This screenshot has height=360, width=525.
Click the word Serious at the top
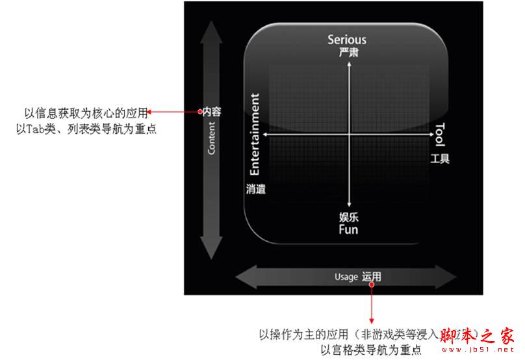tap(346, 40)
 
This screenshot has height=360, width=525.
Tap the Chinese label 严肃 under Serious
tap(348, 53)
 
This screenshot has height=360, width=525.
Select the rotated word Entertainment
tap(255, 135)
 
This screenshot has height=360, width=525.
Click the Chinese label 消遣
tap(256, 189)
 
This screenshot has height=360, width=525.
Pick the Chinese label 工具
tap(439, 159)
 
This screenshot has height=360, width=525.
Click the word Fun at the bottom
tap(348, 229)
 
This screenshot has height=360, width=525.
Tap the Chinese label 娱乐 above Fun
tap(349, 217)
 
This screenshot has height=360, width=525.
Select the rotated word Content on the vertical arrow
tap(212, 138)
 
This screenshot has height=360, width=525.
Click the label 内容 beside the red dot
tap(212, 112)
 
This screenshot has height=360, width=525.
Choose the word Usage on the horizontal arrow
tap(346, 277)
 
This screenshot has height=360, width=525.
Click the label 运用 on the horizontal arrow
tap(372, 277)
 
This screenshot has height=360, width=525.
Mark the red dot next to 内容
tap(200, 112)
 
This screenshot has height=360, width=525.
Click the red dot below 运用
tap(372, 284)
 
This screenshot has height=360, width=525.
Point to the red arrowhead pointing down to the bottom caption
tap(372, 320)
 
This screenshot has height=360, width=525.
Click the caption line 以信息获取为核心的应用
tap(86, 113)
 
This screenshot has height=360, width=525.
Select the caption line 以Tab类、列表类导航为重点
tap(86, 129)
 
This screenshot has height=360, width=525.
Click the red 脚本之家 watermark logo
tap(478, 336)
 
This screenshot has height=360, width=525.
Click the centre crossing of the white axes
tap(350, 135)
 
